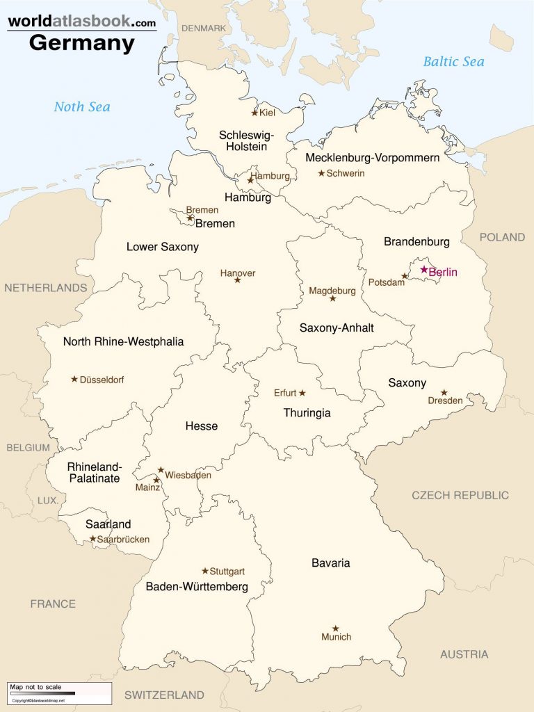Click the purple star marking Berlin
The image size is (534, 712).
423,269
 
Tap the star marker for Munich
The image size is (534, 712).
335,628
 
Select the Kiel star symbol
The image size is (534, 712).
254,112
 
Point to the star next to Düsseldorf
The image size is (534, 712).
74,379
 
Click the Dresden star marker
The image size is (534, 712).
444,392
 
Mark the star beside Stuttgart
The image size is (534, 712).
205,571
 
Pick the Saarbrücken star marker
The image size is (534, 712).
92,538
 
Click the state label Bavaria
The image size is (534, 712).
330,563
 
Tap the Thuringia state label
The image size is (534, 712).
307,413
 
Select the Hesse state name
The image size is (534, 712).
201,426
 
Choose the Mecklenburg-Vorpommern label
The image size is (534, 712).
372,158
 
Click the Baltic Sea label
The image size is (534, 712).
453,62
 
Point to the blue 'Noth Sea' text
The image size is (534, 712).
82,106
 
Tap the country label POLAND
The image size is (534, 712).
502,237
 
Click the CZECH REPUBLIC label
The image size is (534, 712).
460,495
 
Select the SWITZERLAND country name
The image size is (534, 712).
164,695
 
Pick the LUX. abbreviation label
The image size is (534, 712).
47,500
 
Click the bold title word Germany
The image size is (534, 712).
82,43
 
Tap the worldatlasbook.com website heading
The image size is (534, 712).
82,22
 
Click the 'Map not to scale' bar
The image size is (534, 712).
59,692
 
